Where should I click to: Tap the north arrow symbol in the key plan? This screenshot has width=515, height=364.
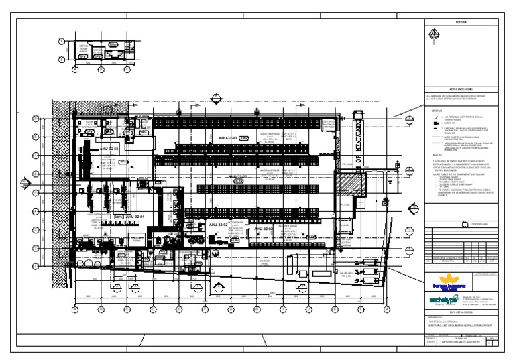[x=434, y=34]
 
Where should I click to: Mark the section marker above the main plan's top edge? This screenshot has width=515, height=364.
[x=215, y=100]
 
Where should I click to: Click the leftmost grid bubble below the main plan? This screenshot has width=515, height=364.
[x=75, y=309]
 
